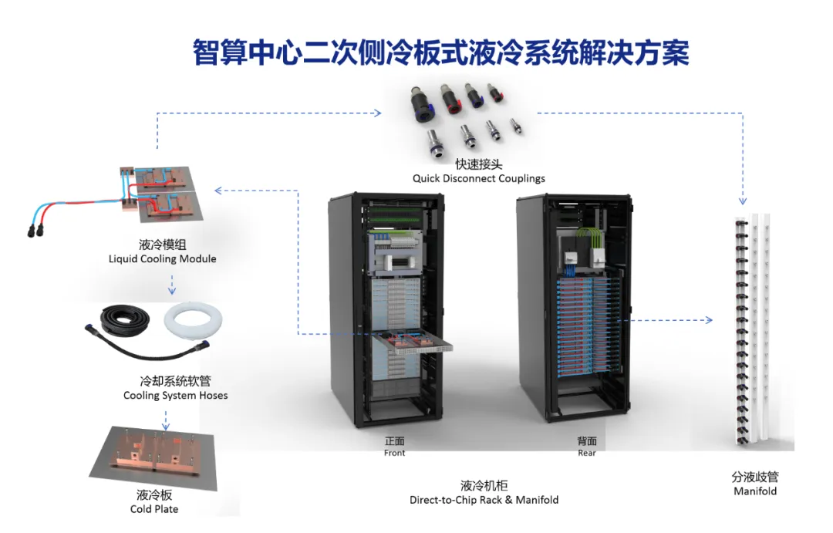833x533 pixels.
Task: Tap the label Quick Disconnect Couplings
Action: click(478, 178)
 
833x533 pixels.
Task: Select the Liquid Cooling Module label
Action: click(162, 259)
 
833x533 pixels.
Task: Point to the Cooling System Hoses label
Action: click(175, 396)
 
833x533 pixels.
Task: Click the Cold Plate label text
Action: click(154, 509)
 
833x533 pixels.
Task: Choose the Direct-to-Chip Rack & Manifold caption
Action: click(484, 500)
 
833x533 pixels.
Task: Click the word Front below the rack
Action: click(394, 454)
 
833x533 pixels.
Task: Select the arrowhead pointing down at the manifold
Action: click(742, 201)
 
